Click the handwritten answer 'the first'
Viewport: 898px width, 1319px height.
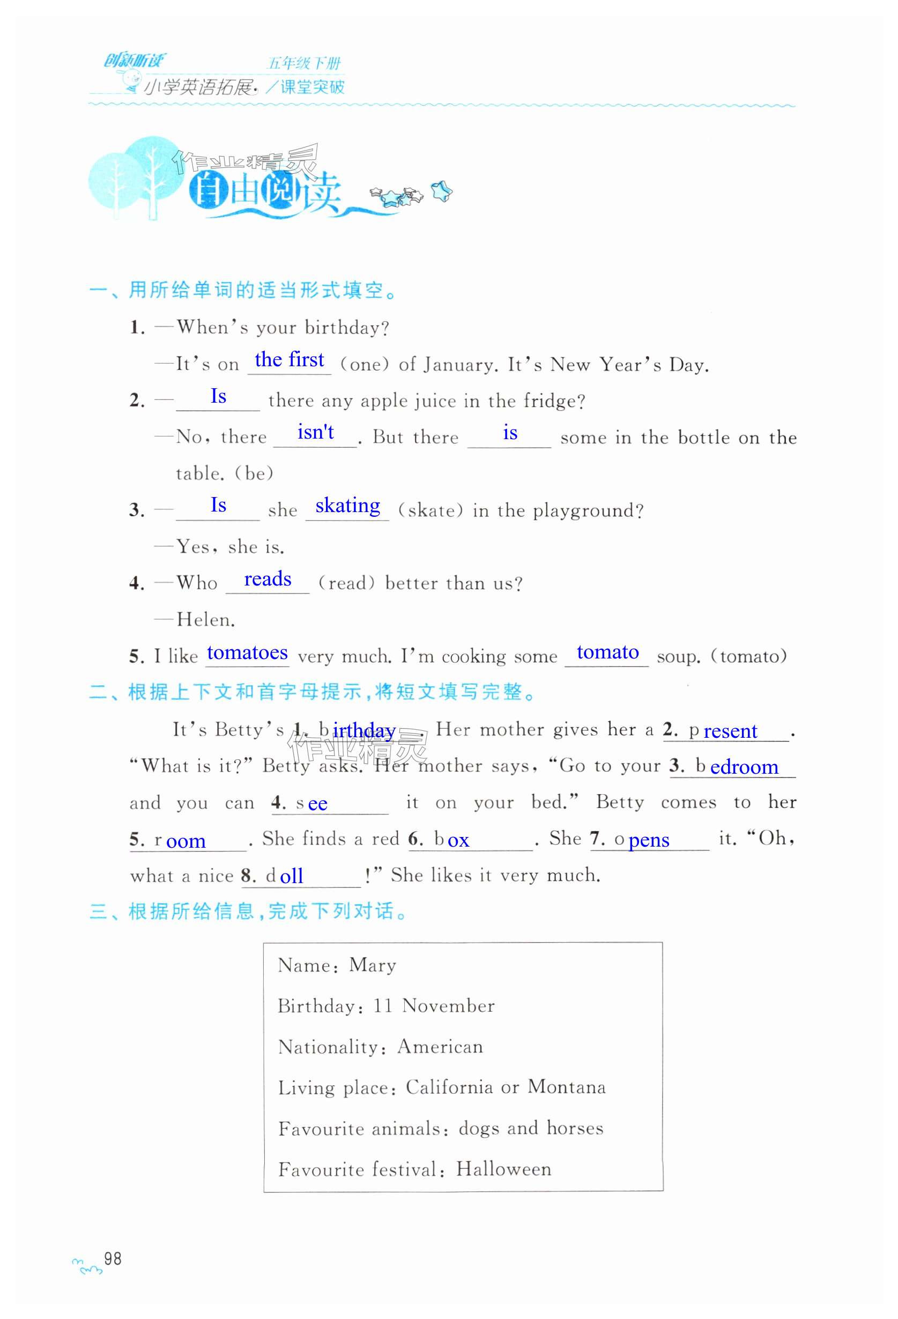point(289,360)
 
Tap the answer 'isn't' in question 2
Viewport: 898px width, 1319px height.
point(316,433)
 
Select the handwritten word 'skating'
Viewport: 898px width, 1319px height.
point(347,506)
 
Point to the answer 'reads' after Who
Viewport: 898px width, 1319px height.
point(268,579)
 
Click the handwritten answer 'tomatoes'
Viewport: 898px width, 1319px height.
point(247,653)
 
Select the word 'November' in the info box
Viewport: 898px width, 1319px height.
point(448,1006)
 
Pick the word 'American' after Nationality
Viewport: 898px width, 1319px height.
point(440,1047)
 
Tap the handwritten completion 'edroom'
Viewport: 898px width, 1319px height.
point(744,767)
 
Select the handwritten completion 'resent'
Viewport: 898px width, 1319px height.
point(730,731)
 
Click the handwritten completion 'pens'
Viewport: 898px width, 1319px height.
point(649,840)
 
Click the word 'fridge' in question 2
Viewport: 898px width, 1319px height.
point(550,401)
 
